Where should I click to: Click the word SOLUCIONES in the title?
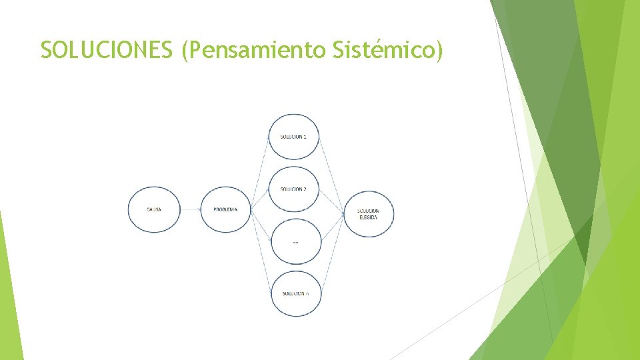(107, 50)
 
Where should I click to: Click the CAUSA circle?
(154, 210)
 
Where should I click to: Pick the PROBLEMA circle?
(225, 210)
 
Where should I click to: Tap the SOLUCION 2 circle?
(294, 189)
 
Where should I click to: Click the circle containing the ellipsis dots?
(296, 241)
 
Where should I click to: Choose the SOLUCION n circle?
(296, 293)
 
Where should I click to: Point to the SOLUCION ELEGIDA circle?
(369, 213)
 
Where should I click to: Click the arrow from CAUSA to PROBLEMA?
(190, 210)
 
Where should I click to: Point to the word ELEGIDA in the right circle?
(369, 217)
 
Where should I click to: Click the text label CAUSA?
(154, 210)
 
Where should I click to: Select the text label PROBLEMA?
(225, 210)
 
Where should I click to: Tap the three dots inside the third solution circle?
(295, 242)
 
